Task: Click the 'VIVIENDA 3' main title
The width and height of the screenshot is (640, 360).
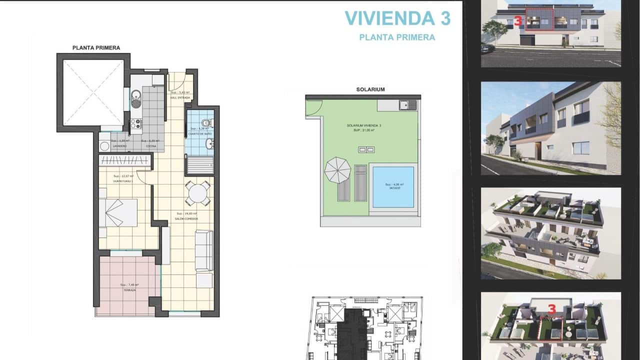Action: [x=397, y=18]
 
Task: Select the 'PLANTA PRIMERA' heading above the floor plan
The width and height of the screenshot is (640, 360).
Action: [x=96, y=48]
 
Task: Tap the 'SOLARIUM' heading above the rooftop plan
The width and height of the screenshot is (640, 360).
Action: [x=370, y=89]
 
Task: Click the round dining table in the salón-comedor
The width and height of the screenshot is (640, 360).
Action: [x=198, y=193]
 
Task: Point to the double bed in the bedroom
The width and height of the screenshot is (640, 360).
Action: [x=118, y=212]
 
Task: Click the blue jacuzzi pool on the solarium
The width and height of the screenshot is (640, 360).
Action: [x=393, y=186]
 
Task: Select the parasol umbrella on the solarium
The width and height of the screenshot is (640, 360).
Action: [x=338, y=170]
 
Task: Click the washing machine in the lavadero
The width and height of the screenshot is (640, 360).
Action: [x=104, y=146]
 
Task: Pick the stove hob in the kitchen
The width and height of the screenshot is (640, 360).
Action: [x=135, y=123]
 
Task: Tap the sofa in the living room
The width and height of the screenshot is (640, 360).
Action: [x=203, y=250]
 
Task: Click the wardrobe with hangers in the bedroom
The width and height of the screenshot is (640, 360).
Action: [x=125, y=160]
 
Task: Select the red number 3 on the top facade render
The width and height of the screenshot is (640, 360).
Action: [x=518, y=21]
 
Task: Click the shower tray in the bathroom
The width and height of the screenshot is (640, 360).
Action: [x=200, y=164]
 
